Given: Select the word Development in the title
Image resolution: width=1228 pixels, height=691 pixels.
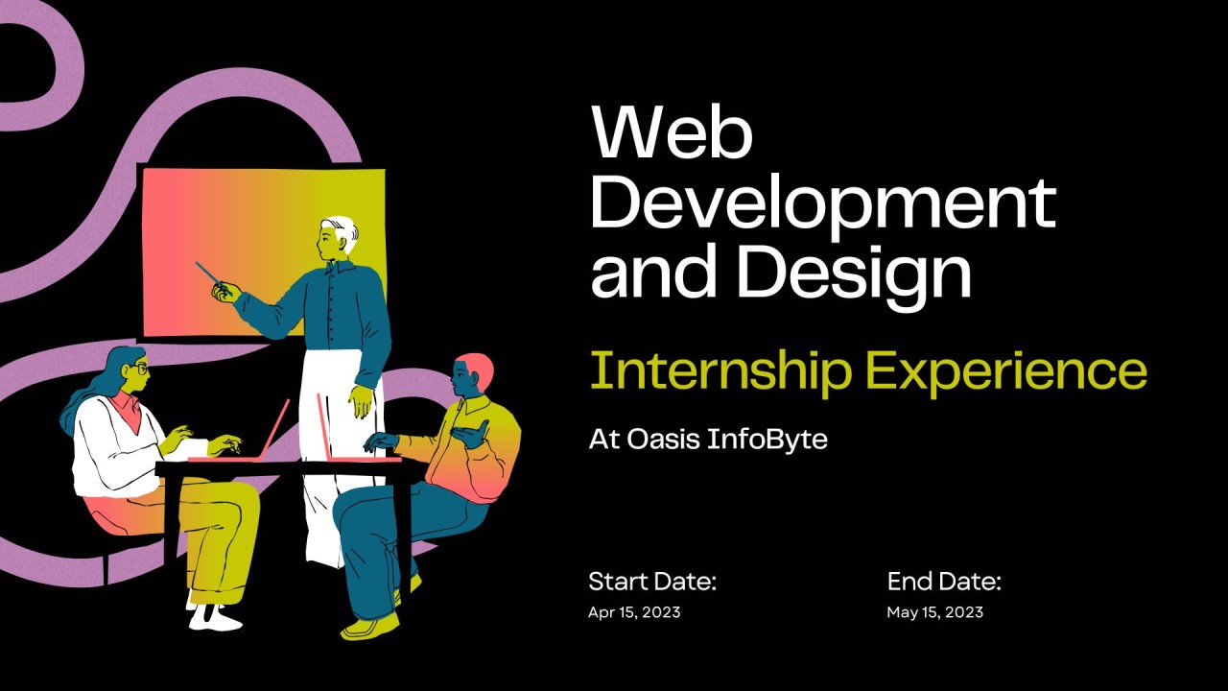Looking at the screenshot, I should tap(822, 204).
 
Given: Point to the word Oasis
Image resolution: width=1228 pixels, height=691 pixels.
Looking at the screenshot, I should tap(662, 441).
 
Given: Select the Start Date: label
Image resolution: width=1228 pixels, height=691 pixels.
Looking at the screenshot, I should tap(652, 582).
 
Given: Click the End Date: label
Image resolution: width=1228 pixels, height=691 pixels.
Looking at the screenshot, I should tap(944, 582).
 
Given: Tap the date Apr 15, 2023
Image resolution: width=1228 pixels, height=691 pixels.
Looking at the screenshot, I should tap(634, 612).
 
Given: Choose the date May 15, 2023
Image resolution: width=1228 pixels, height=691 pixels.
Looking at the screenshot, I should tap(934, 612).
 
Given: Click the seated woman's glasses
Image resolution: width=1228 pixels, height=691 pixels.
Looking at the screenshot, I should tap(141, 368).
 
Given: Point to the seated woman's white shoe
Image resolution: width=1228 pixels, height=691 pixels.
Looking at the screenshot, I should tap(215, 618).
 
